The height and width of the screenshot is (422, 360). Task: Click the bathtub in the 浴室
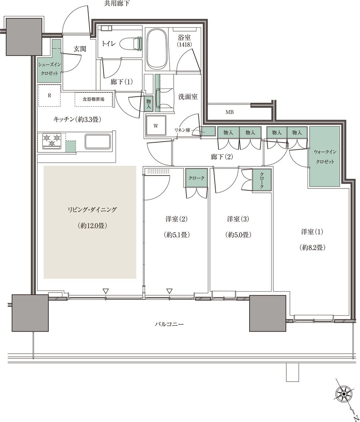tap(156, 50)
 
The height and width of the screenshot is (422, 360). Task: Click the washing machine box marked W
tap(156, 126)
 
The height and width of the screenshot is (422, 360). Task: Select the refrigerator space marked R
tap(49, 96)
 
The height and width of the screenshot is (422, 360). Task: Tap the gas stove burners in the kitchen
tap(51, 141)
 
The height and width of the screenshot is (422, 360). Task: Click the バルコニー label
tap(169, 324)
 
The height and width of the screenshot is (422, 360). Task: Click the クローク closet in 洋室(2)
tap(196, 178)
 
